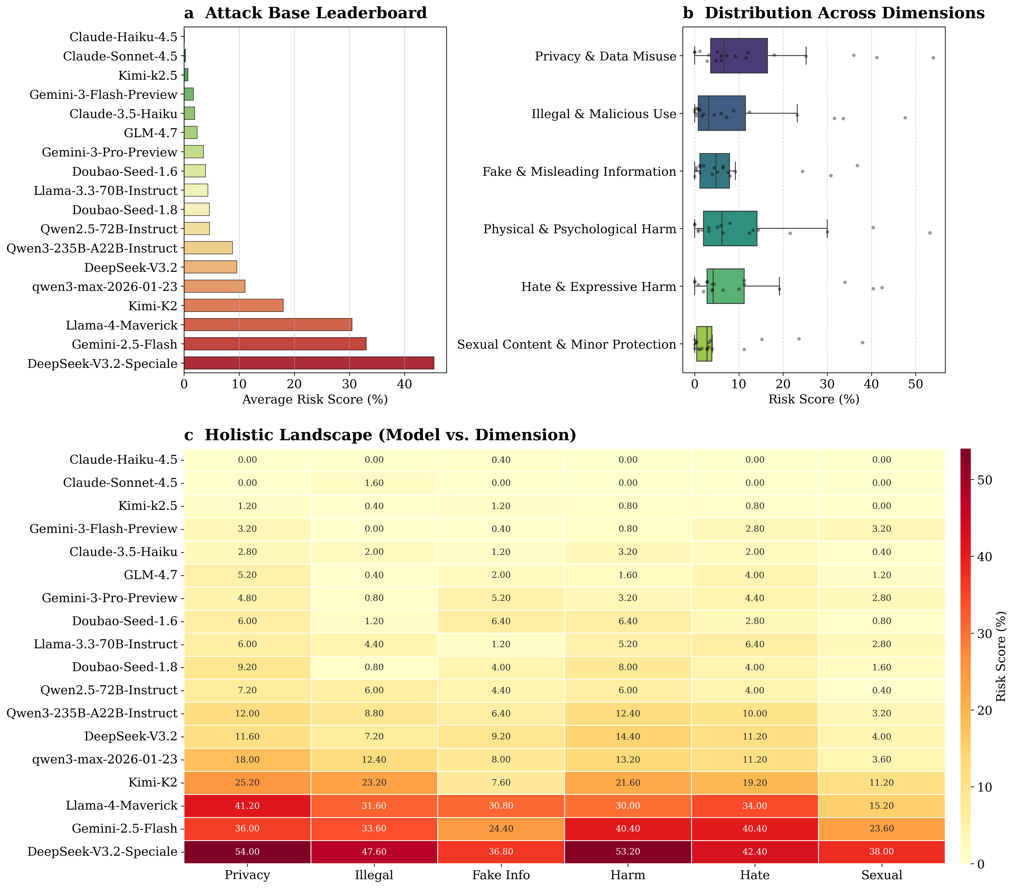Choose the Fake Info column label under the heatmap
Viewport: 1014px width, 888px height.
[x=501, y=875]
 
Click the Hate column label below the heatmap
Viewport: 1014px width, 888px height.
[x=755, y=875]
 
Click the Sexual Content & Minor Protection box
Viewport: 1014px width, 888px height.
[x=704, y=344]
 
